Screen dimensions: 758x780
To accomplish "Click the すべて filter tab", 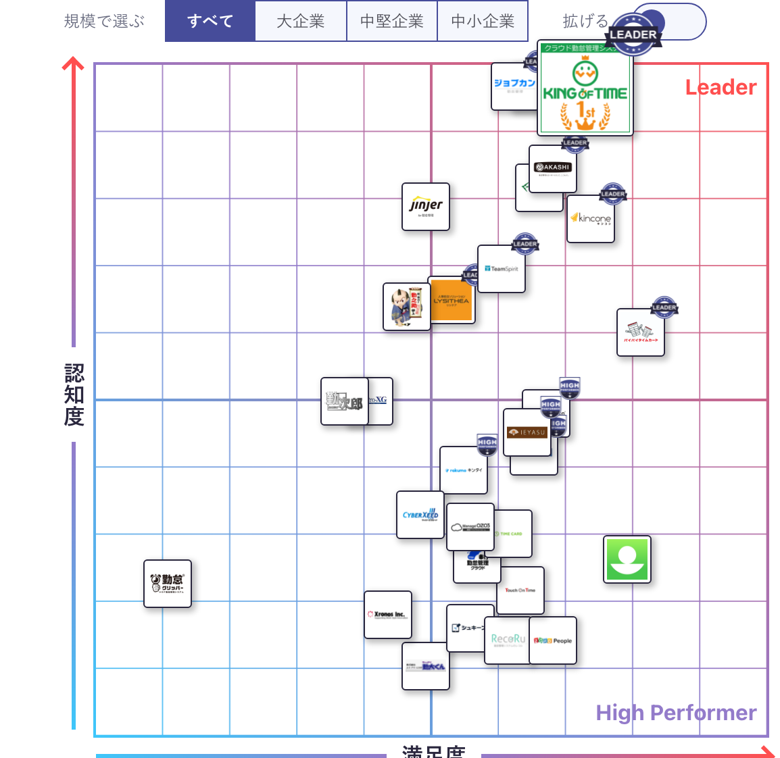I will pos(210,22).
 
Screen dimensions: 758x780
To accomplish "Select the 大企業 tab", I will pos(301,22).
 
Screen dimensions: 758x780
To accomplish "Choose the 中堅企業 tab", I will pos(392,22).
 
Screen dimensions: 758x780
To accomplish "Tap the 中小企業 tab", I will pos(483,22).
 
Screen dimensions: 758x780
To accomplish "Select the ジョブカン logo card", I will pos(512,86).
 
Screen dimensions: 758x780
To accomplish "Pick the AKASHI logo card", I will pos(553,169).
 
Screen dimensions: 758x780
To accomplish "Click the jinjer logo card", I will pos(426,207).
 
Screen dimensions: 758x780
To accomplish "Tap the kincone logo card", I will pos(591,219).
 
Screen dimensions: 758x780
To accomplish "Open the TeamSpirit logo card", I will pos(502,269).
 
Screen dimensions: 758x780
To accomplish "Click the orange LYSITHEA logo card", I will pos(452,301).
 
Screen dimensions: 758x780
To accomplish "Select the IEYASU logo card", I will pos(527,432).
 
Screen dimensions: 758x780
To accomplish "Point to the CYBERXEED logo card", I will pos(420,515).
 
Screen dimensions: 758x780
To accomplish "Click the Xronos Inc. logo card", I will pos(387,615).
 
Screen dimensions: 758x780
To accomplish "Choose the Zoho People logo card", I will pos(553,640).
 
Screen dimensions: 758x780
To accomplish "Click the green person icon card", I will pos(627,559).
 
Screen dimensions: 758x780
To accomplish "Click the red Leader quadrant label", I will pos(721,87).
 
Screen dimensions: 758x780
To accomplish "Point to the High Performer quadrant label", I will pos(676,713).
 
